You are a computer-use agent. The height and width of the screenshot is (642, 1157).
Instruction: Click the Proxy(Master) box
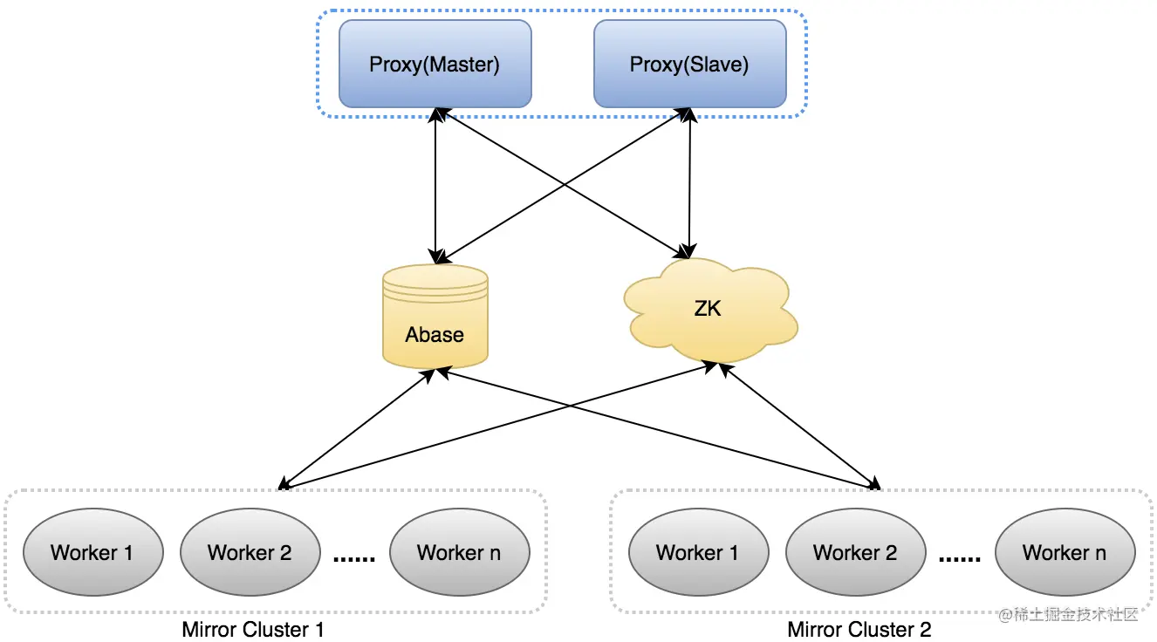pyautogui.click(x=435, y=64)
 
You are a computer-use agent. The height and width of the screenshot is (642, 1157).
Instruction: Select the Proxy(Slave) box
pyautogui.click(x=690, y=64)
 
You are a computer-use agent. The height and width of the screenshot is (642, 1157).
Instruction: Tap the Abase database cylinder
pyautogui.click(x=435, y=317)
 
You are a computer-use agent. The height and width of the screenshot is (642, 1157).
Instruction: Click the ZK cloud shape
pyautogui.click(x=710, y=310)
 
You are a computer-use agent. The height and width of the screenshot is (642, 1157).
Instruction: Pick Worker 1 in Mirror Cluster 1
pyautogui.click(x=93, y=552)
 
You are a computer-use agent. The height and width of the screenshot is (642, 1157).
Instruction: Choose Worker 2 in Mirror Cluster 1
pyautogui.click(x=250, y=552)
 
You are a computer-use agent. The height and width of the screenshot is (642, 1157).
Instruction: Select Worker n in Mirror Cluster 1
pyautogui.click(x=459, y=552)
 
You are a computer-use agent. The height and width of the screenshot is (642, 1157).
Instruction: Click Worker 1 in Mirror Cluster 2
pyautogui.click(x=698, y=552)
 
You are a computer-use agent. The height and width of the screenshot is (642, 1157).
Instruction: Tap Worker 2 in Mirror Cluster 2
pyautogui.click(x=855, y=552)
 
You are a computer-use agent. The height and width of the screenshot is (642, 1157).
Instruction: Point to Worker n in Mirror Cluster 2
pyautogui.click(x=1065, y=552)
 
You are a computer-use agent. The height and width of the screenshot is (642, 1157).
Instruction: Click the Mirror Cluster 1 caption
pyautogui.click(x=253, y=630)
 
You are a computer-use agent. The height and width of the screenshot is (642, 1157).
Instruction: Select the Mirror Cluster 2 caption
pyautogui.click(x=859, y=630)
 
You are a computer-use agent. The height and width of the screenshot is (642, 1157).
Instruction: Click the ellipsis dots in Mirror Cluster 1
pyautogui.click(x=354, y=558)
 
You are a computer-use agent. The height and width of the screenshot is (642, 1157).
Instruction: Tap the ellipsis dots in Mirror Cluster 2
pyautogui.click(x=960, y=558)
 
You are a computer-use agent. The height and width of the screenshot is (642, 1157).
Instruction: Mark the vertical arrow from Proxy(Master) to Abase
pyautogui.click(x=435, y=186)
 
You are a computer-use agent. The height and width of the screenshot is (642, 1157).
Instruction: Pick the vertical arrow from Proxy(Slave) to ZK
pyautogui.click(x=689, y=183)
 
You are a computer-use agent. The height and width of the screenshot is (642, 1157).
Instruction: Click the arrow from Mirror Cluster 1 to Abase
pyautogui.click(x=358, y=428)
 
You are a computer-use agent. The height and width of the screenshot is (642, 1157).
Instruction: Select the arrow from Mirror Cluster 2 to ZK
pyautogui.click(x=799, y=426)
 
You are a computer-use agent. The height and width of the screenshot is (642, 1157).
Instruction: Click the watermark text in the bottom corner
pyautogui.click(x=1068, y=615)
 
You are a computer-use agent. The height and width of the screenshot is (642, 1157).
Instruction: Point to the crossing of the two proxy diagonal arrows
pyautogui.click(x=564, y=184)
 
